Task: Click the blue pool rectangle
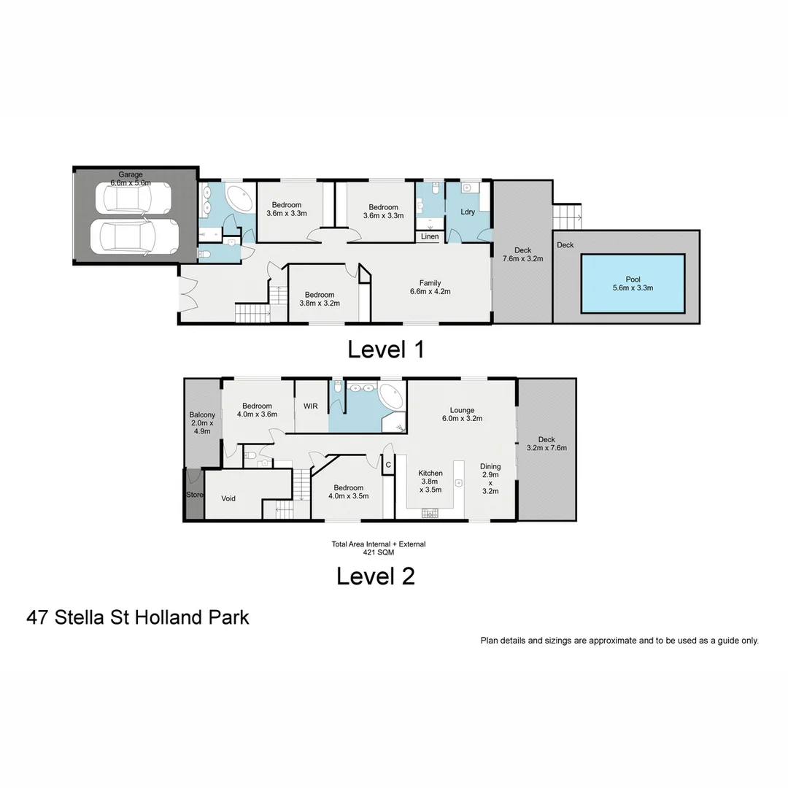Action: coord(633,283)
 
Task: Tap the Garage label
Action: coord(126,174)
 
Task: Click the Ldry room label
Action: coord(468,212)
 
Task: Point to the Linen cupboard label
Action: coord(430,236)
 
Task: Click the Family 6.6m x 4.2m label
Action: coord(430,287)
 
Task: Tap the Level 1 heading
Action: coord(386,349)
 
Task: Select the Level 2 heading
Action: coord(375,576)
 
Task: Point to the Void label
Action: coord(228,499)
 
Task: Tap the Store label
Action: coord(194,495)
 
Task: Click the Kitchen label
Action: coord(430,482)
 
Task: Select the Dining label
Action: coord(490,479)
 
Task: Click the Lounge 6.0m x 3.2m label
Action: coord(462,414)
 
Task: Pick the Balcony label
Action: coord(201,423)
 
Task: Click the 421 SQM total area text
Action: coord(378,552)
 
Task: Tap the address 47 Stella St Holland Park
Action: coord(138,617)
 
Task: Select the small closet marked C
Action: coord(388,465)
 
